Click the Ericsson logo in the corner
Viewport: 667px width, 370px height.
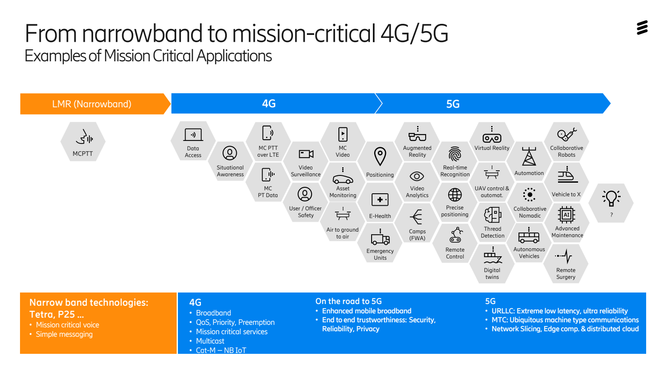pyautogui.click(x=642, y=28)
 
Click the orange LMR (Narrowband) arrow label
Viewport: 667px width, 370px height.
pyautogui.click(x=92, y=104)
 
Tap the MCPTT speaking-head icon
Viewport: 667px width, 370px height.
pyautogui.click(x=84, y=137)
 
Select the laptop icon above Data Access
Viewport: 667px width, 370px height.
pyautogui.click(x=193, y=135)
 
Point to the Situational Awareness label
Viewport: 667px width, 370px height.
pyautogui.click(x=230, y=171)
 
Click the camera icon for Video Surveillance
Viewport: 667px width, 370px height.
pyautogui.click(x=306, y=154)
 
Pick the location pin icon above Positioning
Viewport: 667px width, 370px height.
pyautogui.click(x=380, y=156)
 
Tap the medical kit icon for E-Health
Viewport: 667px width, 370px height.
pyautogui.click(x=380, y=200)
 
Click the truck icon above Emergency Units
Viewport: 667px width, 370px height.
pyautogui.click(x=380, y=238)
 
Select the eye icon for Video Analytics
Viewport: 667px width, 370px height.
pyautogui.click(x=417, y=176)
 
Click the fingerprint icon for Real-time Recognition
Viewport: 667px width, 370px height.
pyautogui.click(x=455, y=154)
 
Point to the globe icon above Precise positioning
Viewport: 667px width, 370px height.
pyautogui.click(x=455, y=195)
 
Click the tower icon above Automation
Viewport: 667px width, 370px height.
pyautogui.click(x=529, y=157)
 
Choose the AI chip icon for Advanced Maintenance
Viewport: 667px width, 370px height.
pyautogui.click(x=567, y=215)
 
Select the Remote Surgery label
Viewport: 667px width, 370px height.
pyautogui.click(x=566, y=274)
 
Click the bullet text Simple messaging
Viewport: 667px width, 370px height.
pyautogui.click(x=64, y=334)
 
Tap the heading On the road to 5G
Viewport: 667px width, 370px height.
pyautogui.click(x=349, y=301)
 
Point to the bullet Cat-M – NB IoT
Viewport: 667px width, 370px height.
pyautogui.click(x=221, y=350)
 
